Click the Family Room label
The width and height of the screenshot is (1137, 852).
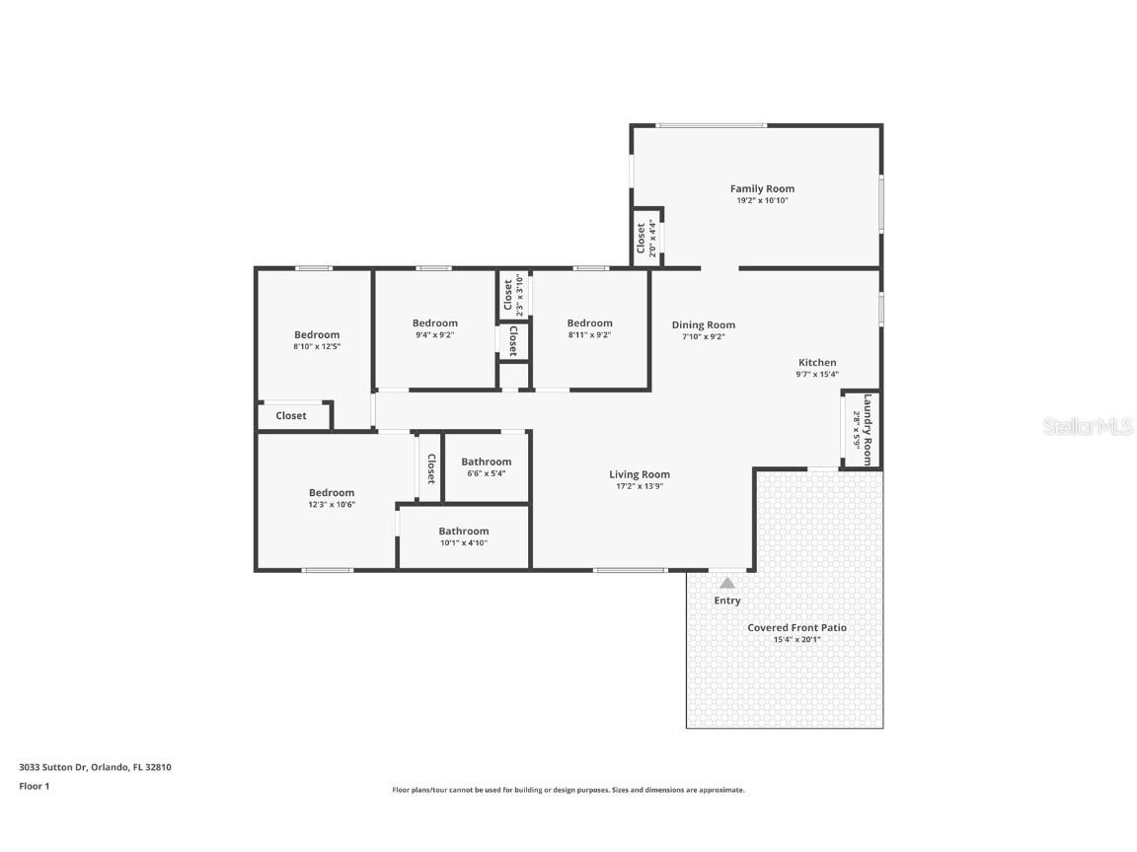pos(762,188)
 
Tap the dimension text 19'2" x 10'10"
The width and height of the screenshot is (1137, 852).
pos(762,200)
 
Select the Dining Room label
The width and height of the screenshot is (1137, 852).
pos(704,325)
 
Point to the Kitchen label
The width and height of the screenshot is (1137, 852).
pos(817,363)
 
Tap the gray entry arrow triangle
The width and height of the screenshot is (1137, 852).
pos(727,583)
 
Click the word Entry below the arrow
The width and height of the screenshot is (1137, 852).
pos(727,601)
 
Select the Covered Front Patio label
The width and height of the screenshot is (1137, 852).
pos(796,627)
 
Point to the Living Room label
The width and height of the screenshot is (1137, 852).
pos(640,474)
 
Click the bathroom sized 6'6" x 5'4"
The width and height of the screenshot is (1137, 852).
pos(487,466)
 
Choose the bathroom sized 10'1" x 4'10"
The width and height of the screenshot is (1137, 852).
pos(464,536)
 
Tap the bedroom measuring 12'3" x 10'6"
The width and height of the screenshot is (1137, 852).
pos(332,498)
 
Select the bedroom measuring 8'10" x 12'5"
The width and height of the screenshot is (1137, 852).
pos(317,340)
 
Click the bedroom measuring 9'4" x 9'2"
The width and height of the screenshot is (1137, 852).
pos(435,328)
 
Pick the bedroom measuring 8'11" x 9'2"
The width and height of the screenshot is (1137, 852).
pos(590,328)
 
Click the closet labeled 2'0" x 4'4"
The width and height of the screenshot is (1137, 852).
pos(645,238)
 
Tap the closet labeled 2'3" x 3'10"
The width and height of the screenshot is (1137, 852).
pos(513,295)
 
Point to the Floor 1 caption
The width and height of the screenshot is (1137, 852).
pos(34,786)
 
